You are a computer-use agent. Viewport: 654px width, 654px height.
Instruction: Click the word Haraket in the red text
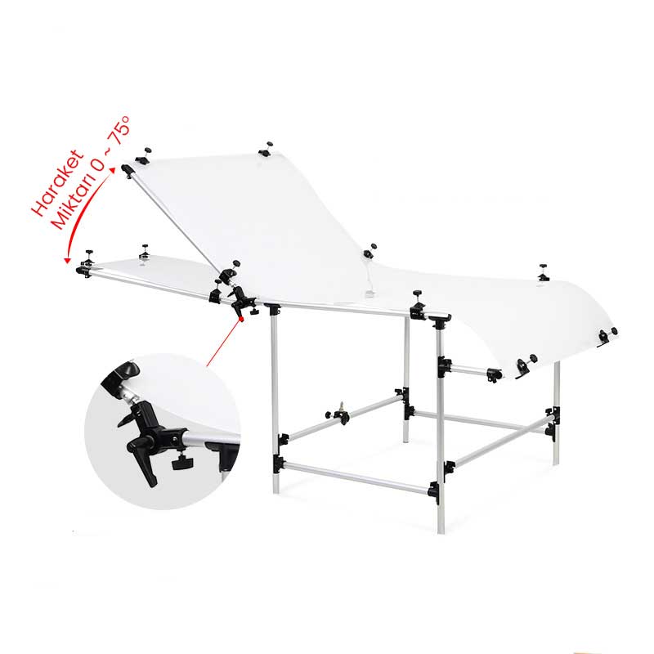pos(57,182)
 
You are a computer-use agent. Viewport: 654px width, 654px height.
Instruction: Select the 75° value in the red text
pos(118,130)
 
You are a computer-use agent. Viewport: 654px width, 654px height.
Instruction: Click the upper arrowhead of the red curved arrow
pos(112,170)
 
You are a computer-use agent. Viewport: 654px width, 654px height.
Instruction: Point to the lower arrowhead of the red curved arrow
pos(66,260)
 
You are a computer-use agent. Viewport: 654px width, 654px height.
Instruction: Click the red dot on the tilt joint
pos(241,319)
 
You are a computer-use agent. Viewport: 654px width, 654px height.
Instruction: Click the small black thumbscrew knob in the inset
pos(180,462)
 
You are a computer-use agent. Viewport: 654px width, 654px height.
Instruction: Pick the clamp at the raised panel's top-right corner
pos(266,149)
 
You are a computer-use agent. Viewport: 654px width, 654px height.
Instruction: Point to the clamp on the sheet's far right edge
pos(607,334)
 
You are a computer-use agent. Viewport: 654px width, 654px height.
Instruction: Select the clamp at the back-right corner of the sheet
pos(543,273)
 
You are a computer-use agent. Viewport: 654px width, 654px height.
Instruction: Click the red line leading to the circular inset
pos(223,343)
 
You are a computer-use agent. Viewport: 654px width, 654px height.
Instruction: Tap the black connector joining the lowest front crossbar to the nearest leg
pos(434,492)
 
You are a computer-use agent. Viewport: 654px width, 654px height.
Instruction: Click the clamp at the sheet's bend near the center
pos(369,252)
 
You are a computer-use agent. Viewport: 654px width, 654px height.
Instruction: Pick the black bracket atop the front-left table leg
pos(273,309)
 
